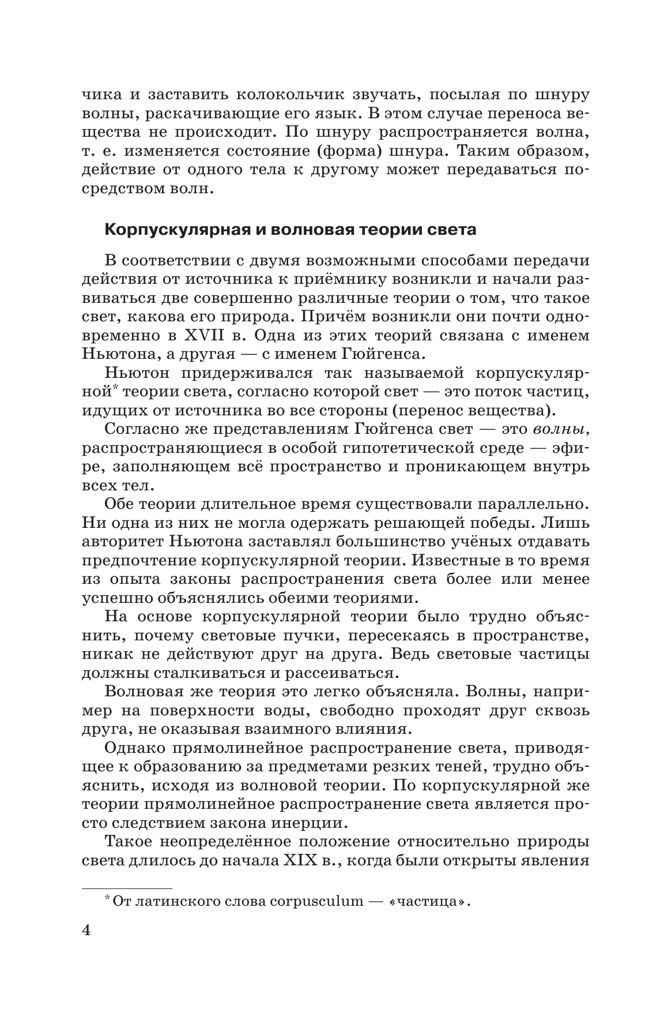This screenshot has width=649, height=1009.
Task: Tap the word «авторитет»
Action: (x=121, y=542)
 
